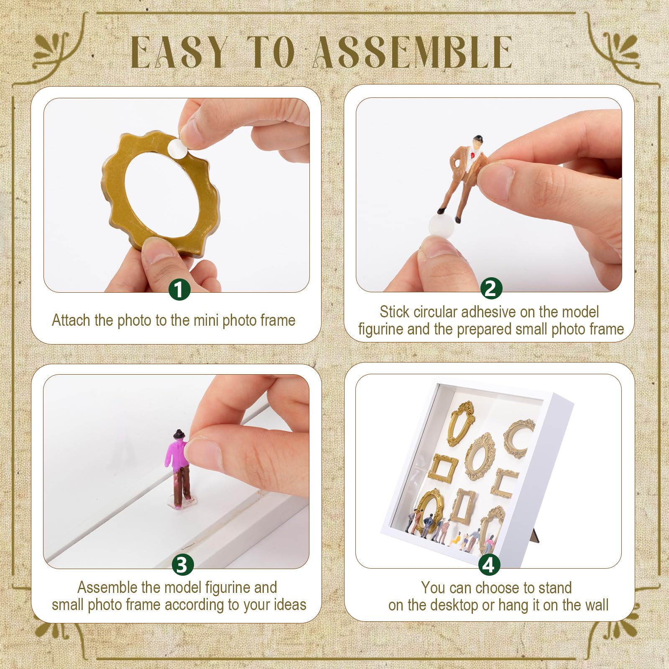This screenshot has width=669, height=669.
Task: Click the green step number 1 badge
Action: (179, 289)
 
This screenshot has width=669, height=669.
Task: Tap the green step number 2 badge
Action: (491, 289)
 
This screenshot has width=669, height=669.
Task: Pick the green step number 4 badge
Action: (489, 565)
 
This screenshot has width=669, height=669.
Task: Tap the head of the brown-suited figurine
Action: (477, 142)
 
